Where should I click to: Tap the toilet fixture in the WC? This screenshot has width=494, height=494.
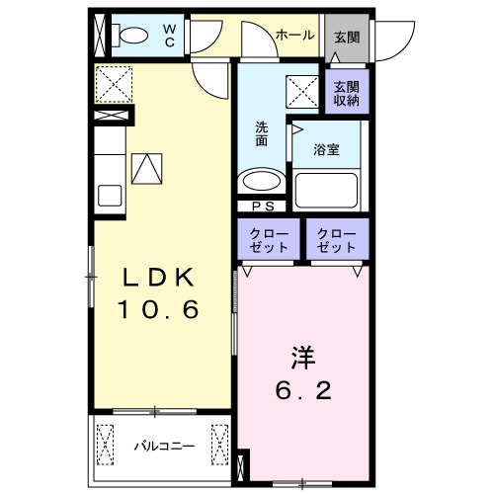[127, 36]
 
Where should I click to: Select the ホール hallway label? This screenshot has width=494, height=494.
[295, 35]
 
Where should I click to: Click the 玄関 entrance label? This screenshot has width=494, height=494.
[346, 38]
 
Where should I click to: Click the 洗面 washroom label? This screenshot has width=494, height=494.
[262, 133]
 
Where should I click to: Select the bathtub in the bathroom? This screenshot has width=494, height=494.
[326, 188]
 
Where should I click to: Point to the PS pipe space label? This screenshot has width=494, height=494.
[263, 206]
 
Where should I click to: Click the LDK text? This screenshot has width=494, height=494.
[160, 277]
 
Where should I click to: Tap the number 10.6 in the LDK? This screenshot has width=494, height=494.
[160, 310]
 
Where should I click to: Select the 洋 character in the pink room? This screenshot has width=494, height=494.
[302, 355]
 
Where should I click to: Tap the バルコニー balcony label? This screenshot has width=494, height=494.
[164, 446]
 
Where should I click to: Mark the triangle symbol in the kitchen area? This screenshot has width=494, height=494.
[146, 170]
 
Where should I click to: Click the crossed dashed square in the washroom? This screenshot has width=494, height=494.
[301, 90]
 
